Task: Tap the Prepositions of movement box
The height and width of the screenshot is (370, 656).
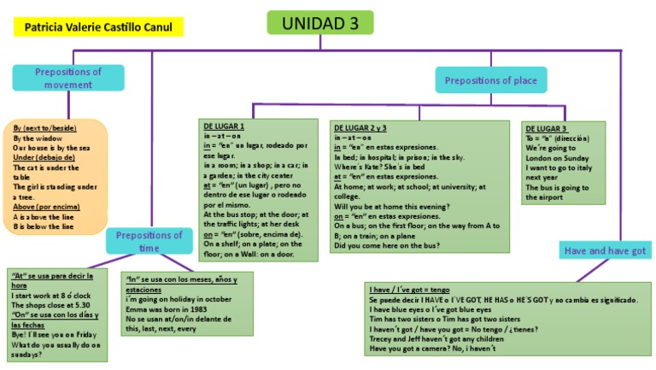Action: [x=67, y=78]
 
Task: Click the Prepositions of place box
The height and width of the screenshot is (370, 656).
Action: [x=491, y=81]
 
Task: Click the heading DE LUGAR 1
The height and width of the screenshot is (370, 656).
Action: [x=223, y=126]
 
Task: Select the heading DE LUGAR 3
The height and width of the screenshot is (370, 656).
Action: [x=547, y=127]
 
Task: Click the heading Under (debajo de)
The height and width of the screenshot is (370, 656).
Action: [x=45, y=158]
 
